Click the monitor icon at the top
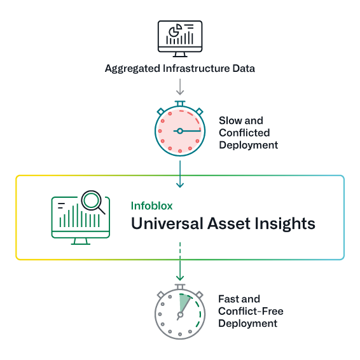pos(180,37)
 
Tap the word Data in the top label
pos(242,69)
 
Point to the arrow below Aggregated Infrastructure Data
pos(180,87)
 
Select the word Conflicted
pos(244,132)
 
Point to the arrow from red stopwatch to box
pos(180,175)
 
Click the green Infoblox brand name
pos(151,206)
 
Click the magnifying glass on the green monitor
pos(93,202)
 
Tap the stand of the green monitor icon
pos(81,241)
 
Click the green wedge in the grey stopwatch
pos(184,302)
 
